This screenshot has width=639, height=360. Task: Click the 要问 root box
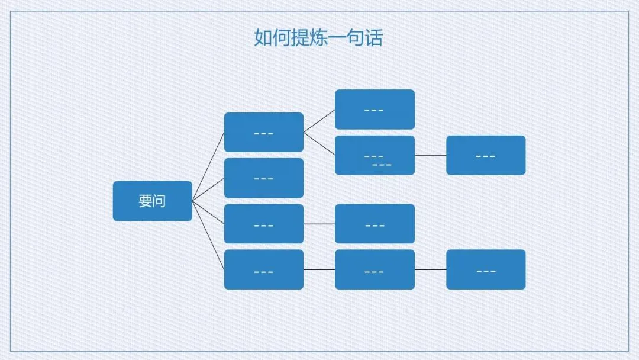click(152, 201)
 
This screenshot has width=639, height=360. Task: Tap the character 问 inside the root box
click(159, 201)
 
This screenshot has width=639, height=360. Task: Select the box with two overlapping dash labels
click(375, 155)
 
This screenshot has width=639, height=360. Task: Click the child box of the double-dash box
click(485, 155)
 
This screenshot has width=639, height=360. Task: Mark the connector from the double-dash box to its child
click(430, 155)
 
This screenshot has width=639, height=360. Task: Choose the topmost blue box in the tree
click(375, 110)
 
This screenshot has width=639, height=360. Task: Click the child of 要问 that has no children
click(263, 178)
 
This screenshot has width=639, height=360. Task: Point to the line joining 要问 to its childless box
click(208, 189)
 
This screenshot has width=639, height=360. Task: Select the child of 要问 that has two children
click(263, 132)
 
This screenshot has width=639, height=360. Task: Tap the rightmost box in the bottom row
click(485, 269)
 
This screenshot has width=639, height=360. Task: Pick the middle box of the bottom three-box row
click(375, 269)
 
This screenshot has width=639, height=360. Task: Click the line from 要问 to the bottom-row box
click(208, 236)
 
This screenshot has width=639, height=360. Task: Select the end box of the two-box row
click(375, 224)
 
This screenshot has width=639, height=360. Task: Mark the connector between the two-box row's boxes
click(319, 224)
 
